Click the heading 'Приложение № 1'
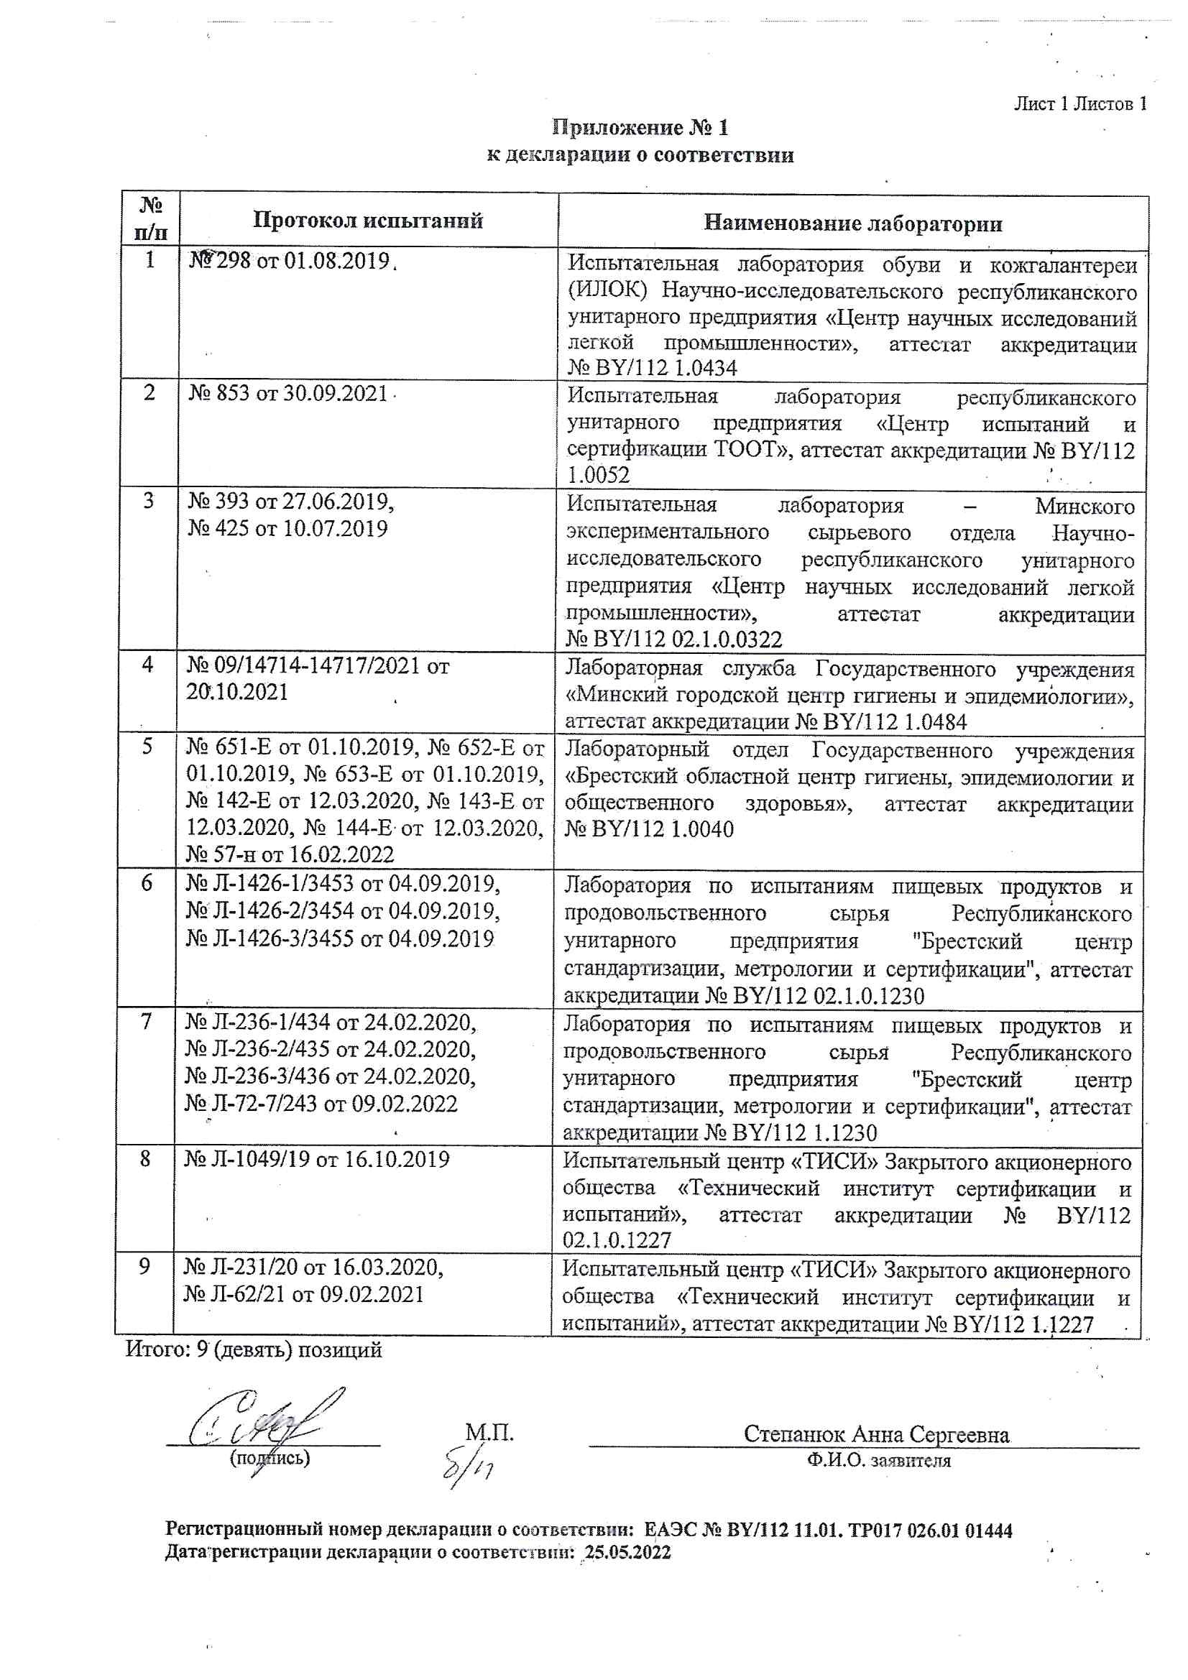(640, 128)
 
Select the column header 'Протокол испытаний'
(367, 221)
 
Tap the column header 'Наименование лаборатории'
(853, 223)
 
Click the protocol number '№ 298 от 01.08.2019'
(290, 261)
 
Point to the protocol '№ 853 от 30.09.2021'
(287, 394)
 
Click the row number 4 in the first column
(148, 665)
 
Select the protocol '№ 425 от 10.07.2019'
(287, 528)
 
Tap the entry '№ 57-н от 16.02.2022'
(290, 854)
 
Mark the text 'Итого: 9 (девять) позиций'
(253, 1349)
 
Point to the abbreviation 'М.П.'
(489, 1432)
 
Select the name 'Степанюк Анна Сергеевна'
(876, 1434)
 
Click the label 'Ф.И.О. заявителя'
(879, 1462)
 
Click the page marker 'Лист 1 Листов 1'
(1079, 104)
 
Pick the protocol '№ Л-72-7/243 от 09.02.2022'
(321, 1104)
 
